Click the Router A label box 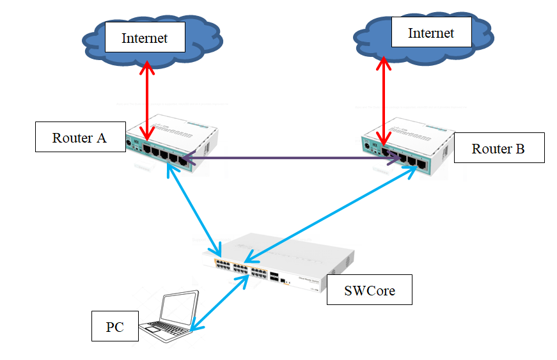pyautogui.click(x=79, y=138)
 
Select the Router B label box pyautogui.click(x=499, y=148)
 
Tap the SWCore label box pyautogui.click(x=369, y=290)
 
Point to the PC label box pyautogui.click(x=114, y=327)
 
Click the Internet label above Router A pyautogui.click(x=145, y=38)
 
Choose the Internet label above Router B pyautogui.click(x=431, y=33)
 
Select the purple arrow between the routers pyautogui.click(x=288, y=157)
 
